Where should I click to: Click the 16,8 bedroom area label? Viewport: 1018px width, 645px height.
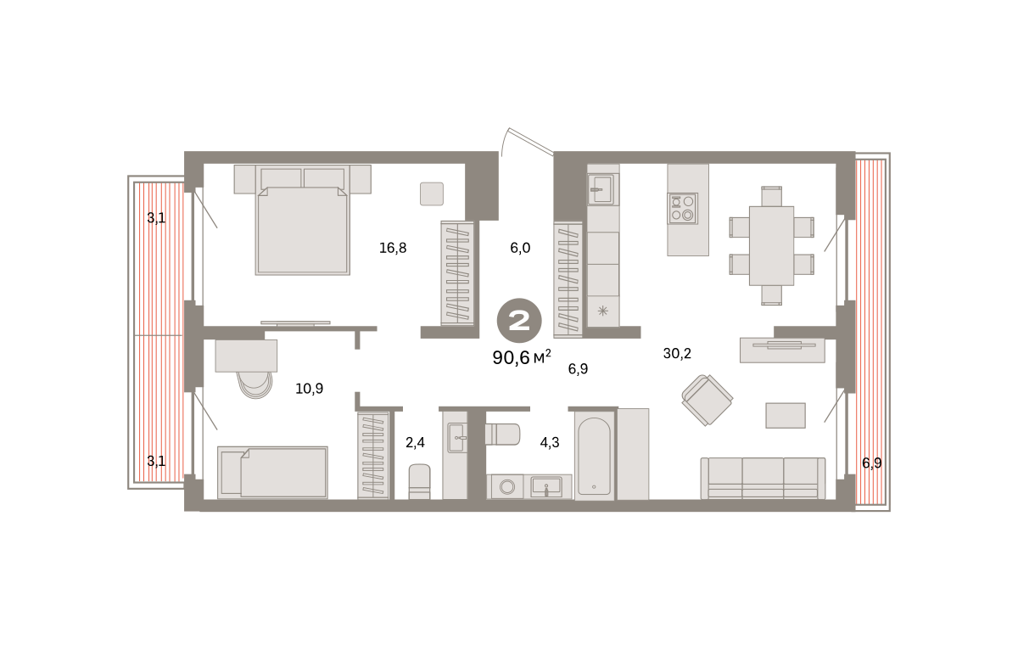pos(393,248)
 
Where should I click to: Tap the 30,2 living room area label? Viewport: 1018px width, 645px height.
pos(677,354)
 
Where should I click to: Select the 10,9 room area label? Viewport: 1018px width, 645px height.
pos(309,389)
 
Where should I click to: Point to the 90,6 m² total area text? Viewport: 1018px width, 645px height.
pos(522,358)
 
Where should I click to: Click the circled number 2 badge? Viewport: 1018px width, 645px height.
pos(519,321)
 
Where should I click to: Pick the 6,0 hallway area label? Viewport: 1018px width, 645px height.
pos(520,248)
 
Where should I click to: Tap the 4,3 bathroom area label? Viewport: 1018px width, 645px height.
pos(550,442)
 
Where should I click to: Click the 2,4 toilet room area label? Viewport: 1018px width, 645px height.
pos(415,442)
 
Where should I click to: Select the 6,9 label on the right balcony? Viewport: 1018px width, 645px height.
pos(872,463)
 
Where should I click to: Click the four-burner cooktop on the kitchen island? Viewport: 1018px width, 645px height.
pos(682,208)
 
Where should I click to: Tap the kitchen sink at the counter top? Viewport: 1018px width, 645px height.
pos(601,189)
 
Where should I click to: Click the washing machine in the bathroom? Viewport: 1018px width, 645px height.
pos(506,487)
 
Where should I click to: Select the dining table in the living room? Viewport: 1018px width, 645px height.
pos(771,246)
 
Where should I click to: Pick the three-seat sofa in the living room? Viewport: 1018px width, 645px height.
pos(763,478)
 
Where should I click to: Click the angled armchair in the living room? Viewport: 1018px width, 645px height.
pos(708,400)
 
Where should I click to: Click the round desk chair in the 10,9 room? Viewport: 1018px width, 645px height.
pos(256,384)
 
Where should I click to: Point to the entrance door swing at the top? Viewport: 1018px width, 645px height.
pos(527,142)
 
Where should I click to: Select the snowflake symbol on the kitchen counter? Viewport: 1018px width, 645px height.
pos(602,311)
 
